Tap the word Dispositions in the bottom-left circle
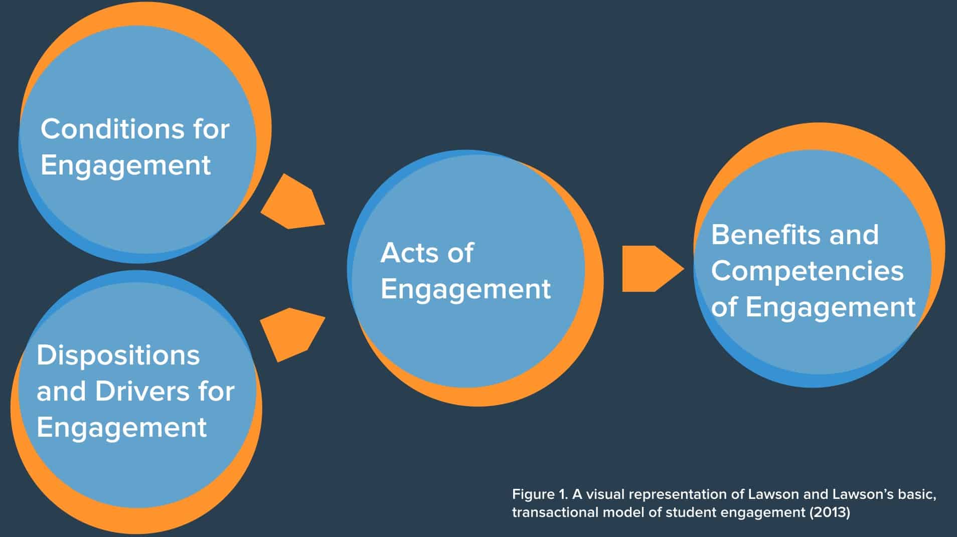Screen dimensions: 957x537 [118, 355]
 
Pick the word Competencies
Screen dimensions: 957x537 [807, 271]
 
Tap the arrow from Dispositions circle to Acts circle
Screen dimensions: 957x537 [293, 334]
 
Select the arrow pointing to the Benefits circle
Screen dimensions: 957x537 [653, 269]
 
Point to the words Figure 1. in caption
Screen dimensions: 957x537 [540, 494]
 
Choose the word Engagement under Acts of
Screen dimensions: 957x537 [465, 289]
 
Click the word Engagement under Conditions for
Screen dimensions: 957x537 [125, 165]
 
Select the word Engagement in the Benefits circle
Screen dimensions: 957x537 [831, 307]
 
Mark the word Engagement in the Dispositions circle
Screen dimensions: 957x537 [121, 427]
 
